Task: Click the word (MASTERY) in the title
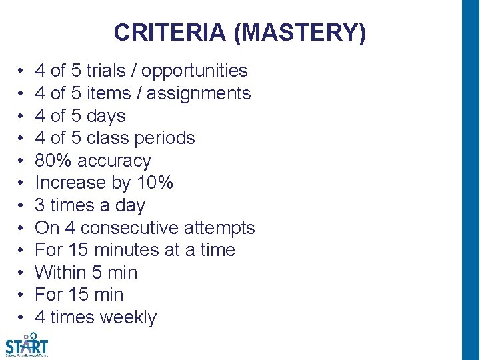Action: click(x=299, y=33)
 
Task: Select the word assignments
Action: click(x=199, y=93)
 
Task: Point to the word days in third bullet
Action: click(x=106, y=116)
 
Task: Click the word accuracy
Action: click(x=115, y=161)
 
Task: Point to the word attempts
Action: click(x=220, y=228)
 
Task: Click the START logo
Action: click(x=27, y=345)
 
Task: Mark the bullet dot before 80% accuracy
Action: click(x=22, y=161)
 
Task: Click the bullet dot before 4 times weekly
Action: click(x=22, y=317)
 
